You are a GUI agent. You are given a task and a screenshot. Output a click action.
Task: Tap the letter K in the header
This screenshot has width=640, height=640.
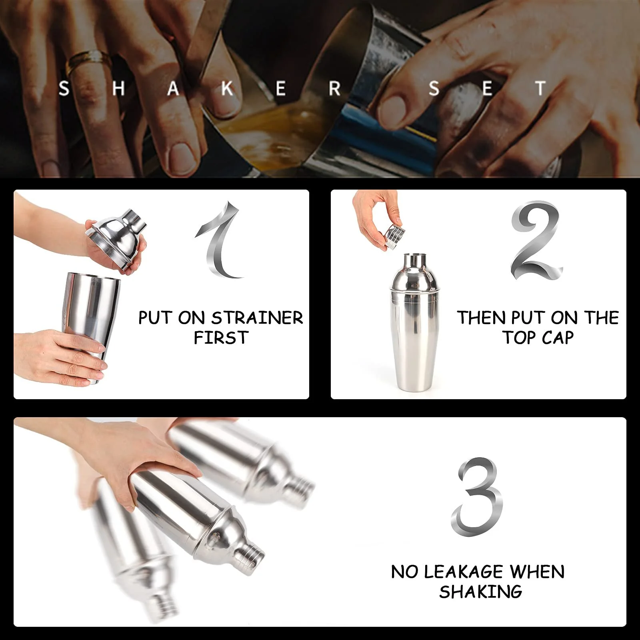(227, 88)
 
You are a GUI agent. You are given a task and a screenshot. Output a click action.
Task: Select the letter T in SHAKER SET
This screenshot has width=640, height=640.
(540, 88)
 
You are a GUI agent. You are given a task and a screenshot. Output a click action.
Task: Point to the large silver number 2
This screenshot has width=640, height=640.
(536, 240)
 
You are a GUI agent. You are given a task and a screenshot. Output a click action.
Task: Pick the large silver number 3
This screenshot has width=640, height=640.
(477, 497)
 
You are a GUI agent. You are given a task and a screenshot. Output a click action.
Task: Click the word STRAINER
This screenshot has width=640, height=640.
(257, 318)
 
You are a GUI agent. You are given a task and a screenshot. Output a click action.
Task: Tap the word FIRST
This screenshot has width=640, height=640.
(221, 338)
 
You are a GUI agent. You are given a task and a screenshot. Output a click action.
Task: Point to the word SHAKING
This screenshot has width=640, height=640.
(480, 592)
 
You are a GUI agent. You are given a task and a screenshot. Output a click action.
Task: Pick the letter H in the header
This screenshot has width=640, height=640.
(118, 88)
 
